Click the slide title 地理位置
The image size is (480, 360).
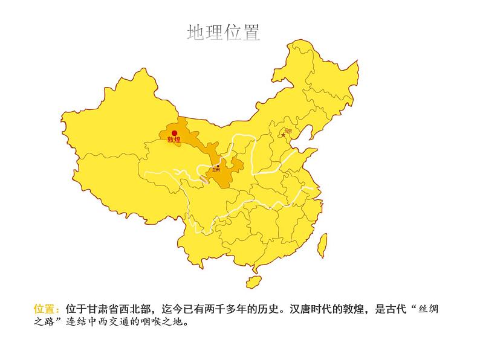point(224,32)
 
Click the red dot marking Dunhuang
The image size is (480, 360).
point(174,133)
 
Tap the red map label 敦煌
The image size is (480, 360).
point(174,141)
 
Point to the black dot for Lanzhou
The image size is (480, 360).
point(218,166)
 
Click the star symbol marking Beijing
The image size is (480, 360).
point(283,135)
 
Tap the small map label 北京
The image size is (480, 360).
point(288,130)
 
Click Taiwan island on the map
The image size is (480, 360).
point(323,243)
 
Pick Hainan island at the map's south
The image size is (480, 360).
point(253,281)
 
